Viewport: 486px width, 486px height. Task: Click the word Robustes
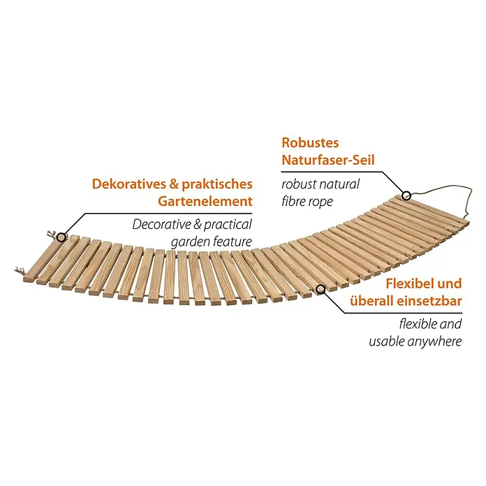[x=310, y=143]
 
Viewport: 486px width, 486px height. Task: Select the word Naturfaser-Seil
[x=328, y=160]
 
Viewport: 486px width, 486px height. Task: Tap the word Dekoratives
[x=129, y=184]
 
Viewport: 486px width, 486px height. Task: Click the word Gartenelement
[x=205, y=201]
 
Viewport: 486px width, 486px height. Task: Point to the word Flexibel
[x=408, y=283]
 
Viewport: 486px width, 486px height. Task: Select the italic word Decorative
[x=161, y=224]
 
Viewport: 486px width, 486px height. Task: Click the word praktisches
[x=217, y=184]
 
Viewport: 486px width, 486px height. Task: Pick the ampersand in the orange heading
[x=174, y=184]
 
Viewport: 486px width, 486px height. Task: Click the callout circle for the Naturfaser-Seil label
[x=406, y=196]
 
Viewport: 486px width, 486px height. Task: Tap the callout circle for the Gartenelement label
[x=61, y=237]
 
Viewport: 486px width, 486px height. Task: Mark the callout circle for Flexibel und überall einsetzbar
[x=321, y=289]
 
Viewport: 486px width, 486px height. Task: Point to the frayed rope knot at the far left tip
[x=20, y=271]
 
